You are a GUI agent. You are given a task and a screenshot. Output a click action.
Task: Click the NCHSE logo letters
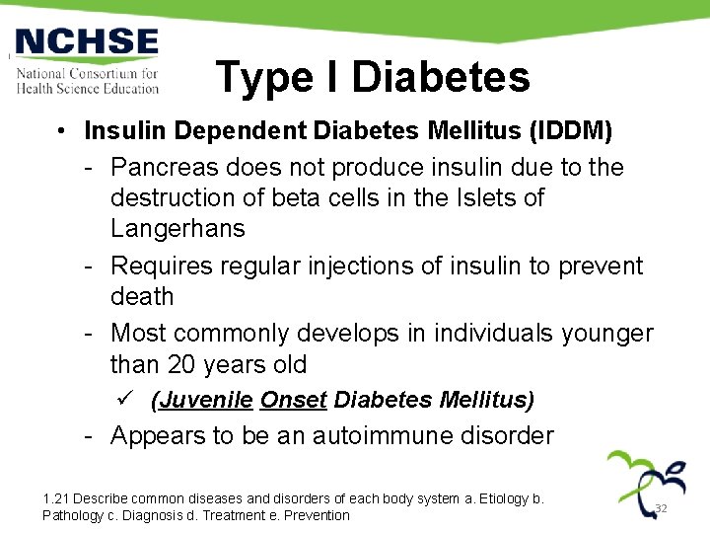pos(87,42)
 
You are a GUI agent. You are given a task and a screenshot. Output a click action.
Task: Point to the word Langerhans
pos(177,229)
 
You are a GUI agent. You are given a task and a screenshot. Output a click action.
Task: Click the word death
pos(142,297)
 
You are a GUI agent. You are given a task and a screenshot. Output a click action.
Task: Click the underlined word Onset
pos(293,401)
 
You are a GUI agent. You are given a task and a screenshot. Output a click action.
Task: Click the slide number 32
pos(662,508)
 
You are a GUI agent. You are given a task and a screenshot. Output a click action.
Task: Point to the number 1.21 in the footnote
pos(56,498)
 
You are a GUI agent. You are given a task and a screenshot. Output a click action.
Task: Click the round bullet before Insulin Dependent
pos(61,131)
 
